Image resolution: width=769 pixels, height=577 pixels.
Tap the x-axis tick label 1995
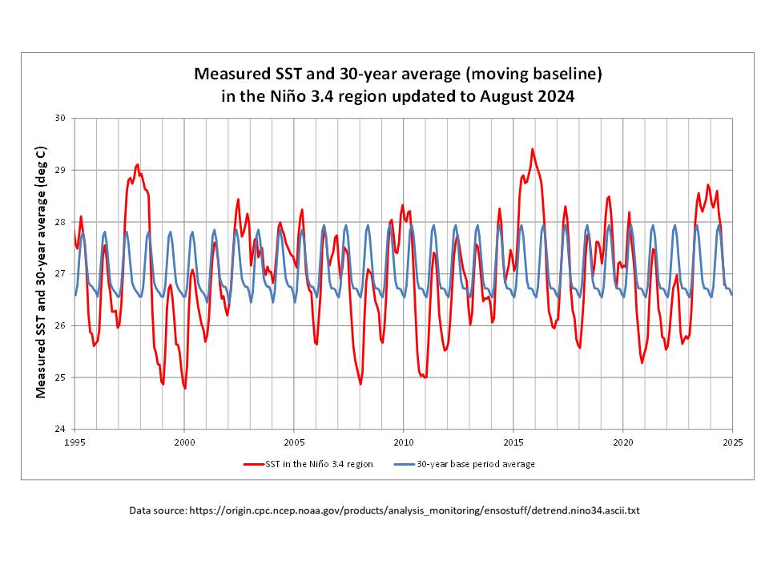[x=74, y=441]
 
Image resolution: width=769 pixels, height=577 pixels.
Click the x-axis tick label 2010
[x=404, y=441]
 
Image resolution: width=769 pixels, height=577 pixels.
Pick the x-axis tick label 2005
[x=294, y=441]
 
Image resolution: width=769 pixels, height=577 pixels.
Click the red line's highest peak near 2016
[x=533, y=149]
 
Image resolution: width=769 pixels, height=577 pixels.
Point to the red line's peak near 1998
[x=138, y=164]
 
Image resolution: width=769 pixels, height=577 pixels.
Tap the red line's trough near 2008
[x=360, y=384]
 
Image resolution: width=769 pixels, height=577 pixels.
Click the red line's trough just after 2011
[x=425, y=377]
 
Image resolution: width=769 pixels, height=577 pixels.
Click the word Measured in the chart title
[x=230, y=75]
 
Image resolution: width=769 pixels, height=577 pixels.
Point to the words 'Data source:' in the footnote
[x=158, y=510]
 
